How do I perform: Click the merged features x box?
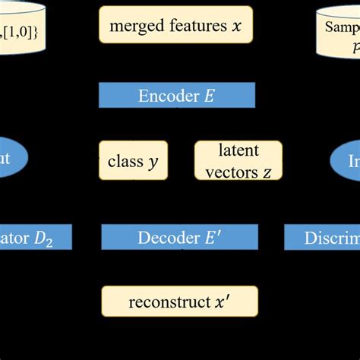[x=175, y=25]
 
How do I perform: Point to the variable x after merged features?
[x=238, y=26]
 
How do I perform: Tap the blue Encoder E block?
[x=176, y=96]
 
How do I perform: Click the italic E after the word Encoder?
[x=210, y=96]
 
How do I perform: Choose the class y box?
[x=133, y=161]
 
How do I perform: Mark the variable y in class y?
[x=153, y=163]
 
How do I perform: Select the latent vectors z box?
[x=238, y=160]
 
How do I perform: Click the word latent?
[x=238, y=150]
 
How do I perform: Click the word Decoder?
[x=164, y=238]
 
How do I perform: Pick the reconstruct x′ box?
[x=179, y=302]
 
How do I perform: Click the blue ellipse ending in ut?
[x=13, y=160]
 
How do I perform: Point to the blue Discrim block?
[x=322, y=238]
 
